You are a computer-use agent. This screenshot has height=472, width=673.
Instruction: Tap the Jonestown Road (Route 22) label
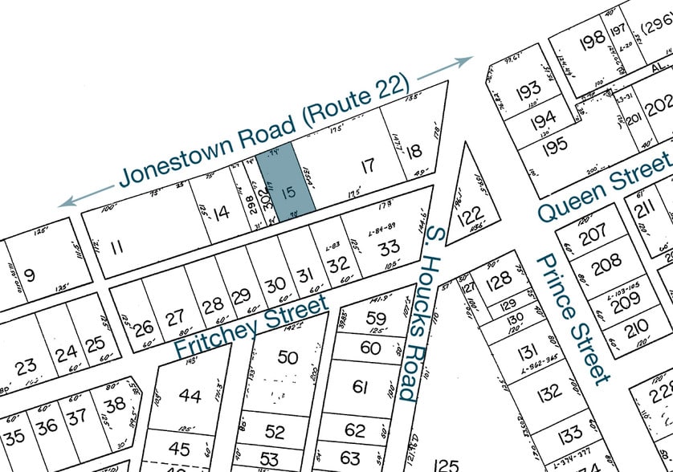tap(265, 129)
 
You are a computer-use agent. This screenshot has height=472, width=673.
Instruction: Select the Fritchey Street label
tap(251, 328)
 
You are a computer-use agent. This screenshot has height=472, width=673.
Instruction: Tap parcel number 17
tap(367, 167)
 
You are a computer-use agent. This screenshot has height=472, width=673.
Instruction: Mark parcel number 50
tap(287, 358)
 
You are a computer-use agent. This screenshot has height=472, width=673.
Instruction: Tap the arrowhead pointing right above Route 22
tap(467, 61)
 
